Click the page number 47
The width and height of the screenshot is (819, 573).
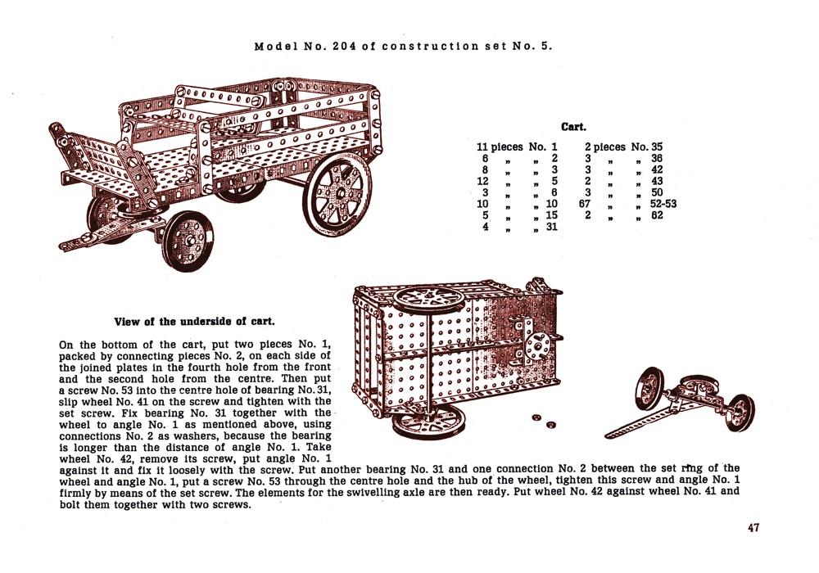click(x=753, y=528)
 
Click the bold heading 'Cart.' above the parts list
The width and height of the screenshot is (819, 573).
click(x=573, y=127)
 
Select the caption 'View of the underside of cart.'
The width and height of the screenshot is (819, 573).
click(x=194, y=322)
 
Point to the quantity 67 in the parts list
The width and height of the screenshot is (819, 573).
click(x=584, y=205)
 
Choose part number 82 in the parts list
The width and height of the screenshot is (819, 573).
click(x=657, y=216)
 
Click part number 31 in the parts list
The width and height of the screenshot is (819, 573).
click(x=551, y=228)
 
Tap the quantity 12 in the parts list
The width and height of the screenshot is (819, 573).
click(x=483, y=182)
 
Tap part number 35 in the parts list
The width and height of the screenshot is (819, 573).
click(x=657, y=147)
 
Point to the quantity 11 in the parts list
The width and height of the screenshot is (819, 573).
click(x=483, y=147)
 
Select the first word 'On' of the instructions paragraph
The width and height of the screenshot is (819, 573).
click(x=67, y=345)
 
